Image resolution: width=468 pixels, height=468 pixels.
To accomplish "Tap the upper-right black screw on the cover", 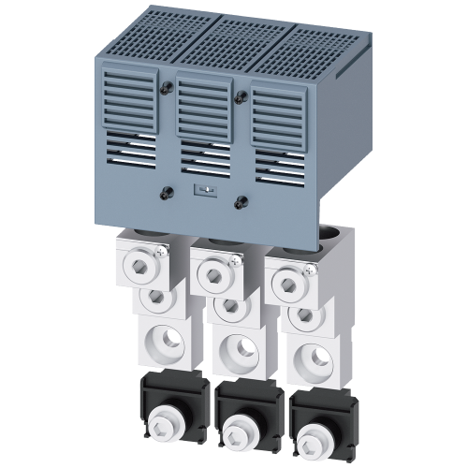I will (x=242, y=94).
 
